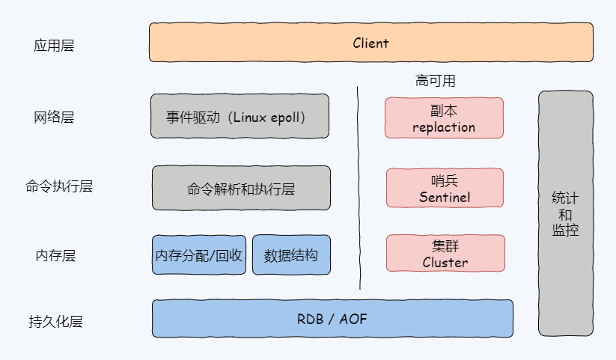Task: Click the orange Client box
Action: tap(370, 43)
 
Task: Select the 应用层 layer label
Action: tap(54, 46)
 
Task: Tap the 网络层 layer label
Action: tap(54, 118)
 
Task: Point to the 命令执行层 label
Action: tap(59, 186)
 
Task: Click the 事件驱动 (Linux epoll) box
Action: tap(240, 117)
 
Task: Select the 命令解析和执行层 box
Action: tap(241, 188)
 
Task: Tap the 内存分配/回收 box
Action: tap(199, 255)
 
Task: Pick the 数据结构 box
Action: tap(291, 255)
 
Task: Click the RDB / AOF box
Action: tap(332, 319)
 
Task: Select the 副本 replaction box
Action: tap(444, 118)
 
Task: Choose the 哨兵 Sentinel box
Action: tap(445, 189)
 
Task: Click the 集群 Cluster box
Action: tap(445, 254)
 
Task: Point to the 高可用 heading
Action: tap(436, 81)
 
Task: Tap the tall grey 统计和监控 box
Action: tap(565, 213)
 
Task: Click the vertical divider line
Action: tap(359, 187)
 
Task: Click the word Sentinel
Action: tap(445, 198)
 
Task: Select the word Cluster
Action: tap(445, 263)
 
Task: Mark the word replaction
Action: tap(444, 127)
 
